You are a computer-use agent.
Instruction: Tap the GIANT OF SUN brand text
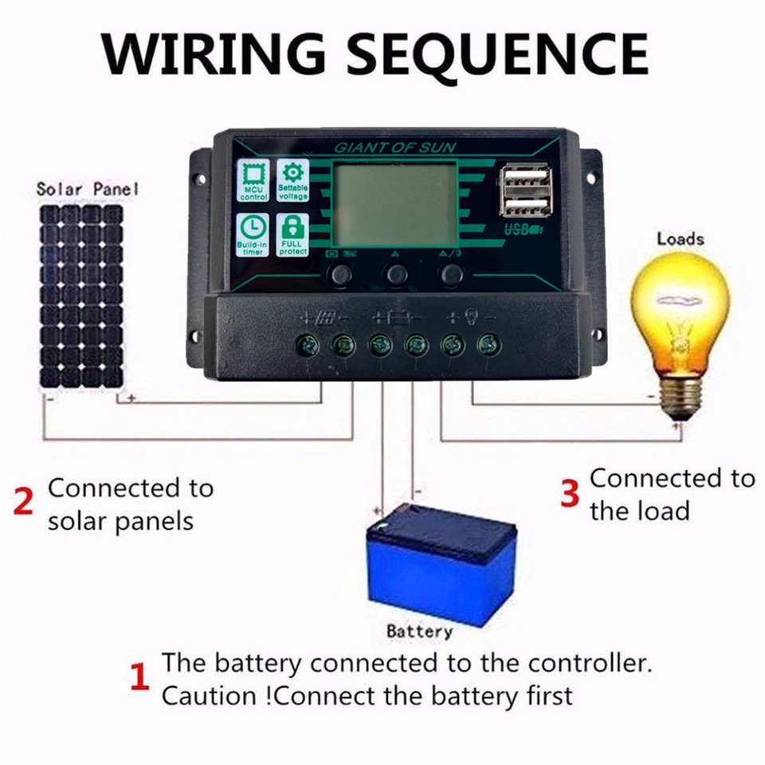click(384, 147)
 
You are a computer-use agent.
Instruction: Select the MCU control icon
click(253, 180)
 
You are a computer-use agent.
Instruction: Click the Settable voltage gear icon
click(292, 180)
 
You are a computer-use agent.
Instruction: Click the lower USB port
click(526, 206)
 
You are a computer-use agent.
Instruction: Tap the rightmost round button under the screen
click(452, 275)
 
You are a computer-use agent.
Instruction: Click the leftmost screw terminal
click(307, 345)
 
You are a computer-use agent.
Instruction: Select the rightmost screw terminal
click(488, 345)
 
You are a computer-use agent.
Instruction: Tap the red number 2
click(25, 504)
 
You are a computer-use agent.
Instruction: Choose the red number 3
click(569, 494)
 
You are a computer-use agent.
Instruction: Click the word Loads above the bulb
click(680, 238)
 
